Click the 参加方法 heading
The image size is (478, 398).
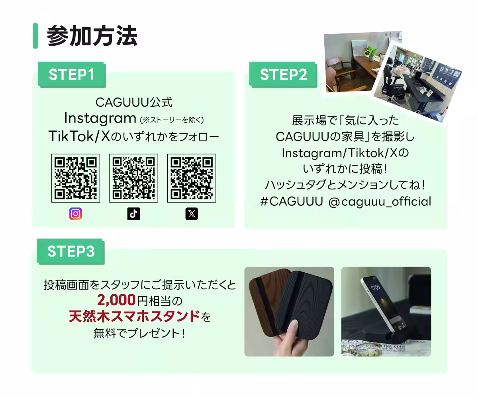(x=92, y=36)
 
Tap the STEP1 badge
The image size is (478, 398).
(x=71, y=75)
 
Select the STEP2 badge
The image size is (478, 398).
(x=283, y=75)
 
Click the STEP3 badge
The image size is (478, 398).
(x=71, y=252)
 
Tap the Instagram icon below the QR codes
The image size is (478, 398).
(x=75, y=214)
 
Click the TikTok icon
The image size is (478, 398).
(x=133, y=214)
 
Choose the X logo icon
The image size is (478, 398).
(x=192, y=214)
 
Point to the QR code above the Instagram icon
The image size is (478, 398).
(x=75, y=178)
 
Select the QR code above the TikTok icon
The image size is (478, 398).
(x=133, y=178)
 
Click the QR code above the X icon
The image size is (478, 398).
(x=192, y=178)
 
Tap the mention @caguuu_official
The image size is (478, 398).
(x=380, y=201)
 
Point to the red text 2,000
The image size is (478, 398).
(x=116, y=299)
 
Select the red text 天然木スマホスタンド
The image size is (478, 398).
(x=134, y=317)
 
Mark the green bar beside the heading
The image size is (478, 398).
(x=35, y=36)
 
